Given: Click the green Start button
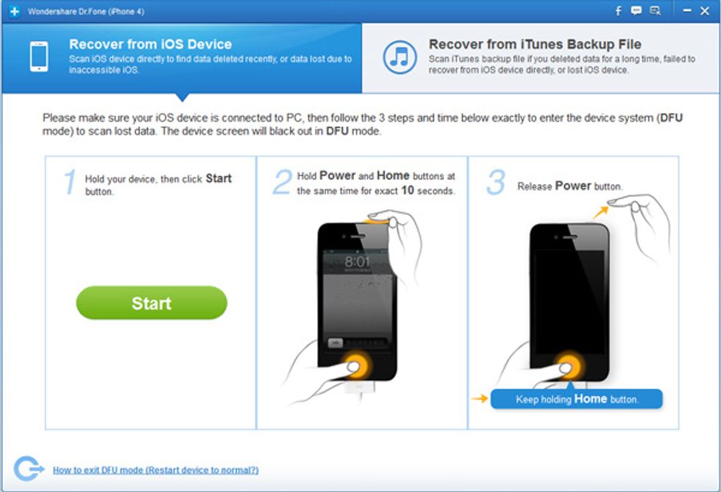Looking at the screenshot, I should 152,303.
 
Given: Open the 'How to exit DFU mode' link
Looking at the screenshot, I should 155,470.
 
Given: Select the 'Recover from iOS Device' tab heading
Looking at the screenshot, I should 150,44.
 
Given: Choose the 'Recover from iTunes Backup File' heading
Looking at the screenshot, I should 535,44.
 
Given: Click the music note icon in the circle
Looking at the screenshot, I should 400,57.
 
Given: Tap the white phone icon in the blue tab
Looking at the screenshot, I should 38,57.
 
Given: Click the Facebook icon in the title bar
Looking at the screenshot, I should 618,11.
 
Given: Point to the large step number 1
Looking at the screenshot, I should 69,183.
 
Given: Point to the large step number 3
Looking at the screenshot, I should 495,183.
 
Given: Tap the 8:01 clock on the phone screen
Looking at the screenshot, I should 358,262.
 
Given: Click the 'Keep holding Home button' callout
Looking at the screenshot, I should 576,399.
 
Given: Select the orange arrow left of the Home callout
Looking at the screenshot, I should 480,399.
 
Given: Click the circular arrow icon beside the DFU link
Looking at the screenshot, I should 26,468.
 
